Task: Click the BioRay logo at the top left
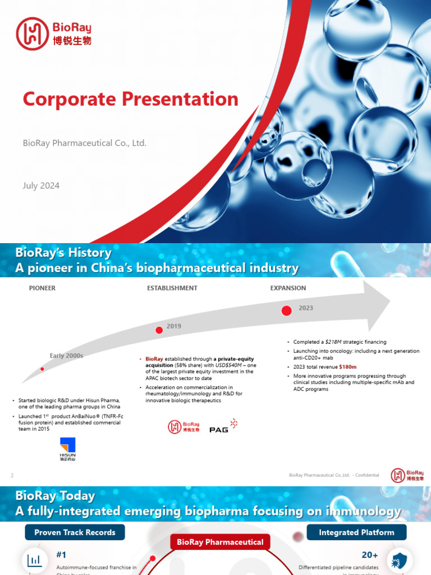[x=53, y=33]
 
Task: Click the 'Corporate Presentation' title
[x=130, y=99]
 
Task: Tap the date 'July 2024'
[x=41, y=185]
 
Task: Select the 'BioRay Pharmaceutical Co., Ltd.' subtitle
[x=84, y=143]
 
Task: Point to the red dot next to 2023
[x=286, y=311]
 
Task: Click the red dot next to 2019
[x=159, y=330]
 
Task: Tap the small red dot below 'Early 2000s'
[x=42, y=369]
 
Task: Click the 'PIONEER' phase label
[x=42, y=288]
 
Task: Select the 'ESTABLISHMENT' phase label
[x=172, y=288]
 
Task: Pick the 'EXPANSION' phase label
[x=288, y=288]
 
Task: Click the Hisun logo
[x=67, y=449]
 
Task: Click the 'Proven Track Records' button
[x=75, y=532]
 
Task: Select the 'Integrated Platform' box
[x=356, y=532]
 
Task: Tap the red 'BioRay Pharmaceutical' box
[x=220, y=542]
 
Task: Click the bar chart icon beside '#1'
[x=35, y=560]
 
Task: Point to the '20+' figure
[x=369, y=555]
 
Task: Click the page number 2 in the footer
[x=12, y=476]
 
